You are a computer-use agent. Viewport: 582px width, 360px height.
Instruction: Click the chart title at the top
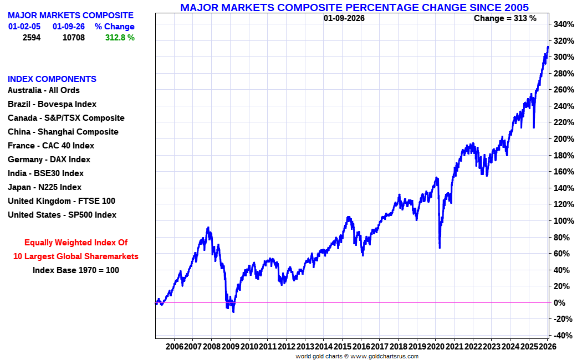click(x=354, y=7)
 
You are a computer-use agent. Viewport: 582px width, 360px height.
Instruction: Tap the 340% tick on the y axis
click(x=563, y=24)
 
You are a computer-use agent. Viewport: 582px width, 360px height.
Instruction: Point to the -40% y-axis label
click(x=563, y=336)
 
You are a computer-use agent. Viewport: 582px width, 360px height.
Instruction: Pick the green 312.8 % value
click(x=120, y=38)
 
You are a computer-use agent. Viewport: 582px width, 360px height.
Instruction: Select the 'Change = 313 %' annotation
click(x=505, y=18)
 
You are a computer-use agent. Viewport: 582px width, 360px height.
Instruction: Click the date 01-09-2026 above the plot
click(x=344, y=18)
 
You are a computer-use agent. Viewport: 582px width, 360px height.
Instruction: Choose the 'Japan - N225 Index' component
click(x=44, y=187)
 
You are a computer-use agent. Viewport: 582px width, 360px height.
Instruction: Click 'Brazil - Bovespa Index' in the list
click(x=52, y=104)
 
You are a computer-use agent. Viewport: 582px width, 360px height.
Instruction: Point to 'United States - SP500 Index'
click(x=62, y=215)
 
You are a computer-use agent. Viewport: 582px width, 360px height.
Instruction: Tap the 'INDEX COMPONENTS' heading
click(x=52, y=79)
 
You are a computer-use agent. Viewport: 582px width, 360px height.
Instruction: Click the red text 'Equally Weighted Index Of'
click(x=76, y=243)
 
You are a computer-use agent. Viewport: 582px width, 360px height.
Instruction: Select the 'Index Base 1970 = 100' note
click(x=76, y=270)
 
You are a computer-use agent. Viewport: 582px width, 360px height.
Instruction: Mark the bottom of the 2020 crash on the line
click(x=440, y=248)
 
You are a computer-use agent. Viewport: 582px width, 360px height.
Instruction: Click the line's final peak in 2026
click(x=548, y=47)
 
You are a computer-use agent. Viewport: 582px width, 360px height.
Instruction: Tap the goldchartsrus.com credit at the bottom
click(x=357, y=356)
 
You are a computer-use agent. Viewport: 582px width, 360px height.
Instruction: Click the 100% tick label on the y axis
click(x=563, y=221)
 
